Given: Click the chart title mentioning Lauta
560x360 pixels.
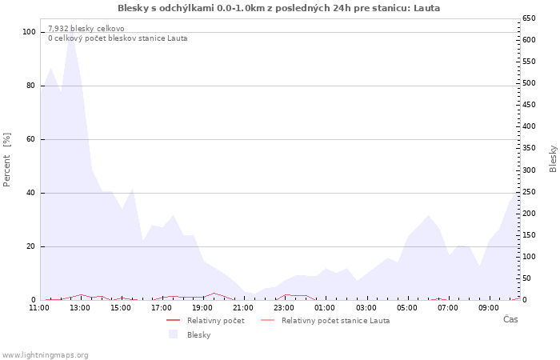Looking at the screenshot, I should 278,8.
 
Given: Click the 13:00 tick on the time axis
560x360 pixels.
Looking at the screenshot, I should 80,307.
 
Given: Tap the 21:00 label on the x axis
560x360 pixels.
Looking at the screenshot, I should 244,307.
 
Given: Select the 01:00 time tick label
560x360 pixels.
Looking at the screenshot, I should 326,307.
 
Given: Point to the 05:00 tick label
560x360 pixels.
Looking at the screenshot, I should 408,307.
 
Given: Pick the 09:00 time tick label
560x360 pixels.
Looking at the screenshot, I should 490,307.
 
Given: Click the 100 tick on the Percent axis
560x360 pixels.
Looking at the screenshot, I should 29,32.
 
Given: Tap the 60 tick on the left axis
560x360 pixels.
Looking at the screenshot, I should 31,139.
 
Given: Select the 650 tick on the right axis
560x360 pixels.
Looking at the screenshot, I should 529,18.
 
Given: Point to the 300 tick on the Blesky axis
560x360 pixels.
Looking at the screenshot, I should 529,170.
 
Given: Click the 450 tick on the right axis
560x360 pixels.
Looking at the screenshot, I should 529,105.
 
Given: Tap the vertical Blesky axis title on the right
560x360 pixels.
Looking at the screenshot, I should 553,158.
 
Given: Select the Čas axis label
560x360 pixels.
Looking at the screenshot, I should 510,319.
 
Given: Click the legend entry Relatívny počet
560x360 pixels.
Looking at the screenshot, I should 215,320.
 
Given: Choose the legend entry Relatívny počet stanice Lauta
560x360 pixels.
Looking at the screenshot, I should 335,320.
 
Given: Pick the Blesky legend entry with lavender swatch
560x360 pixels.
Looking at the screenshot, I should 198,334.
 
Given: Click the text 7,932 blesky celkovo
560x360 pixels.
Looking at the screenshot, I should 86,28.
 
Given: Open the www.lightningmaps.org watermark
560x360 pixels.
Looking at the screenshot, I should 45,354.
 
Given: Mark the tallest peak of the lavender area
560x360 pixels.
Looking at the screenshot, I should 71,33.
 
